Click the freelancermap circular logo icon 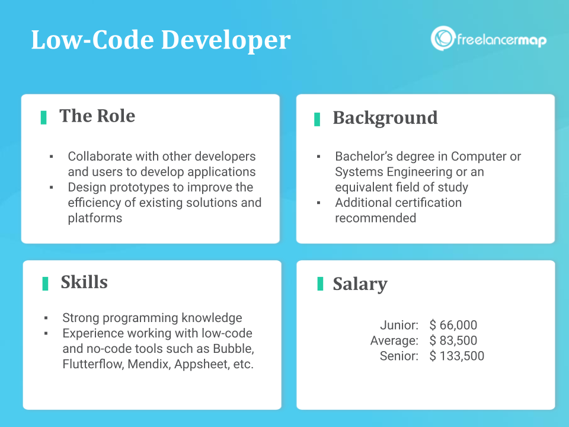pyautogui.click(x=443, y=38)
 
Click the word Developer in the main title pyautogui.click(x=225, y=40)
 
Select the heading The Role pyautogui.click(x=97, y=116)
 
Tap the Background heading pyautogui.click(x=385, y=118)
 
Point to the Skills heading pyautogui.click(x=84, y=282)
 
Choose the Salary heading pyautogui.click(x=360, y=284)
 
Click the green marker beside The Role pyautogui.click(x=43, y=117)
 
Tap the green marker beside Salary pyautogui.click(x=320, y=283)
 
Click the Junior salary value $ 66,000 pyautogui.click(x=453, y=325)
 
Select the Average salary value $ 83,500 pyautogui.click(x=453, y=340)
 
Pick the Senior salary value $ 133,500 pyautogui.click(x=457, y=356)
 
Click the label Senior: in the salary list pyautogui.click(x=399, y=356)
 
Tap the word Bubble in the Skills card pyautogui.click(x=234, y=349)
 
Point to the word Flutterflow pyautogui.click(x=93, y=364)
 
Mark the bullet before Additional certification pyautogui.click(x=319, y=203)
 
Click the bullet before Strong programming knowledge pyautogui.click(x=46, y=318)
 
